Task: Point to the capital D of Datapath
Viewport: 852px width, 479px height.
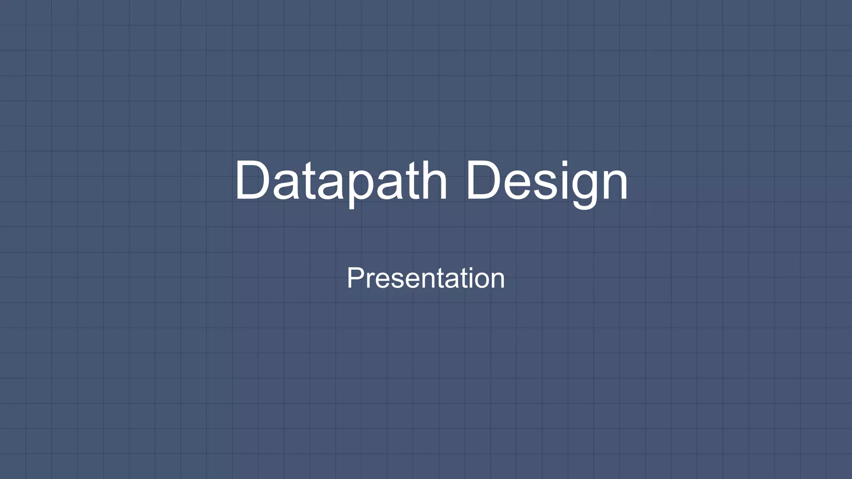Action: click(x=253, y=180)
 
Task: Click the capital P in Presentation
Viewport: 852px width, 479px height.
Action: click(x=355, y=278)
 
